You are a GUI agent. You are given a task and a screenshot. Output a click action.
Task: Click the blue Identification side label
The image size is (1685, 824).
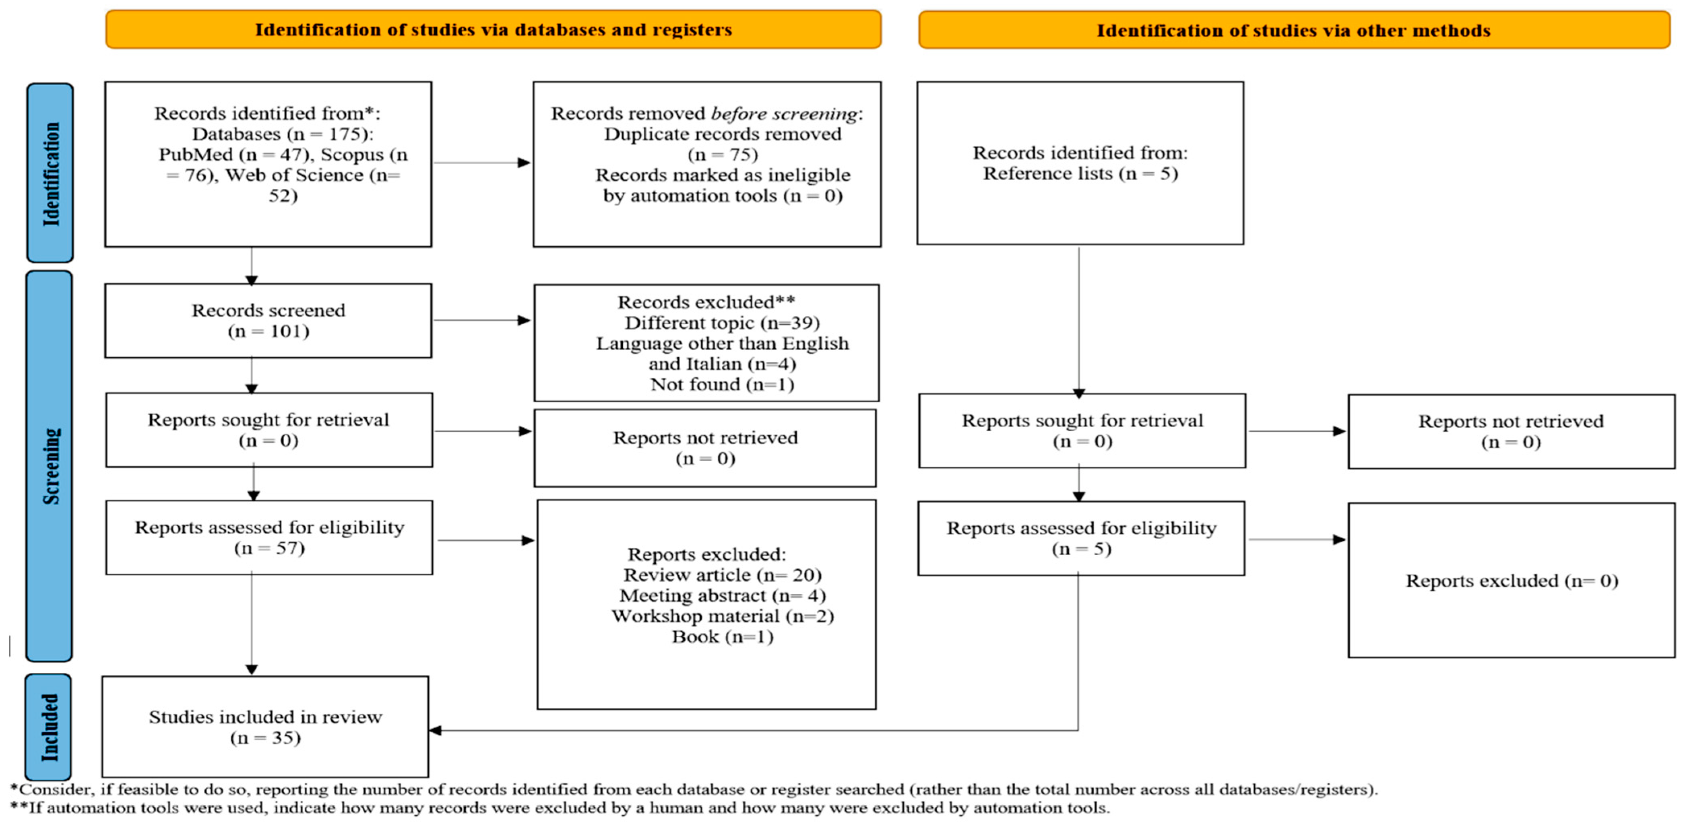tap(50, 173)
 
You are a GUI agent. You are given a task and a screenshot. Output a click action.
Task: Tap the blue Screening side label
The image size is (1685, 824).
tap(50, 466)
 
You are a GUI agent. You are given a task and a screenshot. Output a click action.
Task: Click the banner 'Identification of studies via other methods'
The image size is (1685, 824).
tap(1293, 30)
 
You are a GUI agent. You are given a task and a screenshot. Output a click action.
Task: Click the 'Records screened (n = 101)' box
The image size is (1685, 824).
tap(268, 320)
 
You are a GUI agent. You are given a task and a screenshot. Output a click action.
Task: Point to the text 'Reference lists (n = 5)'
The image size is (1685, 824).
tap(1080, 174)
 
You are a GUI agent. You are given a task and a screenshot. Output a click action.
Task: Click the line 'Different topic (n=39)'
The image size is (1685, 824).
tap(722, 323)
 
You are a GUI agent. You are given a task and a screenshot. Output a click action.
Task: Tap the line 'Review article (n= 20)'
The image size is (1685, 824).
tap(722, 575)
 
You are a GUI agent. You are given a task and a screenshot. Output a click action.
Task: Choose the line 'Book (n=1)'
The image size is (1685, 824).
tap(722, 637)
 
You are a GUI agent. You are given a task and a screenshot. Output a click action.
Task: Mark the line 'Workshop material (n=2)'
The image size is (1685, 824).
tap(722, 616)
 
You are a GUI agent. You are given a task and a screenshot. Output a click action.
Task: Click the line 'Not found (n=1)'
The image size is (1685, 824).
tap(722, 385)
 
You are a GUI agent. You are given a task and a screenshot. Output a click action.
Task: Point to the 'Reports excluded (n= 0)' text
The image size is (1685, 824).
tap(1512, 581)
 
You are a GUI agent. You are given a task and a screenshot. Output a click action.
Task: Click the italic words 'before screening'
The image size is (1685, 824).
tap(784, 114)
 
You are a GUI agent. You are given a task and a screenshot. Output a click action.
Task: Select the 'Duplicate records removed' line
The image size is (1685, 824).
tap(722, 134)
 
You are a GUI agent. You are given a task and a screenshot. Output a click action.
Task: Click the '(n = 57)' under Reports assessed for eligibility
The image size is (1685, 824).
tap(270, 548)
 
